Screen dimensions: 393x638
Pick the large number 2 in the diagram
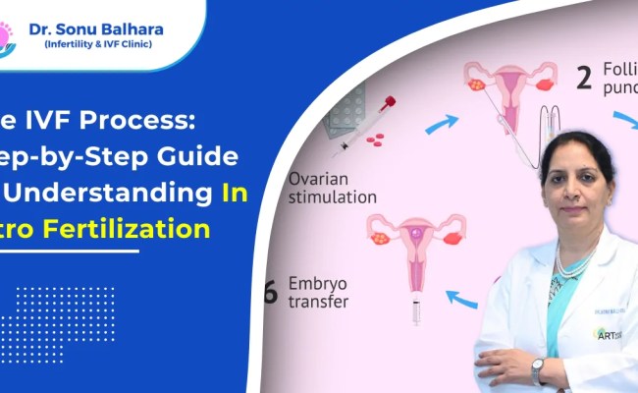(584, 79)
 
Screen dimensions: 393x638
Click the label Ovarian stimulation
(333, 188)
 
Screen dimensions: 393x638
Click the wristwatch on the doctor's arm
(537, 371)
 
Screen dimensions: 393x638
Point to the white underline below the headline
(69, 251)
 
